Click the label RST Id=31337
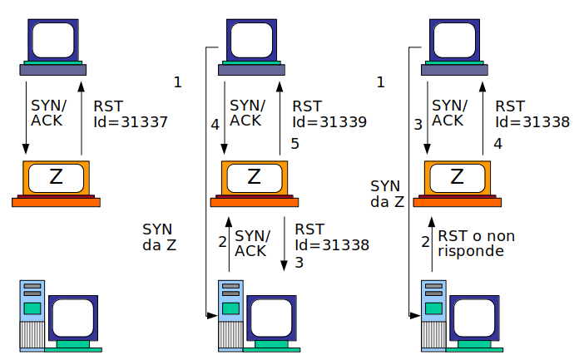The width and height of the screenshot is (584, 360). pos(131,114)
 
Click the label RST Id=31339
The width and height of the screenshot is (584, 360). pos(329,114)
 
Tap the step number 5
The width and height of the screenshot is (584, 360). pos(294,145)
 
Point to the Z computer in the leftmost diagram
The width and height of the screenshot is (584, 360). pos(57,183)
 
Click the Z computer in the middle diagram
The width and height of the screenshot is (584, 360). pos(255,183)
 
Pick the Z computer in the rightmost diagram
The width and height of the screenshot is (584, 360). pos(457,183)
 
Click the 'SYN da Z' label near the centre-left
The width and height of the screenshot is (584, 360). pos(159,237)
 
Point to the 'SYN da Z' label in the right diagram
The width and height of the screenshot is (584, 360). pos(386,194)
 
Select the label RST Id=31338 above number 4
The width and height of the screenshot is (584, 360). pos(532,114)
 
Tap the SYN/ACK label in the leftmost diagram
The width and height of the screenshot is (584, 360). pos(46,114)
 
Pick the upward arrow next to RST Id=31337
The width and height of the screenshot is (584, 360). pos(82,116)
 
